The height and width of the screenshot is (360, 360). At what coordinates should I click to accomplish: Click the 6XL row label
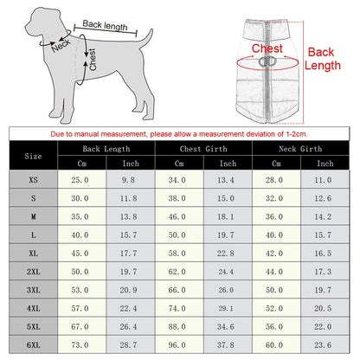pos(34,344)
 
